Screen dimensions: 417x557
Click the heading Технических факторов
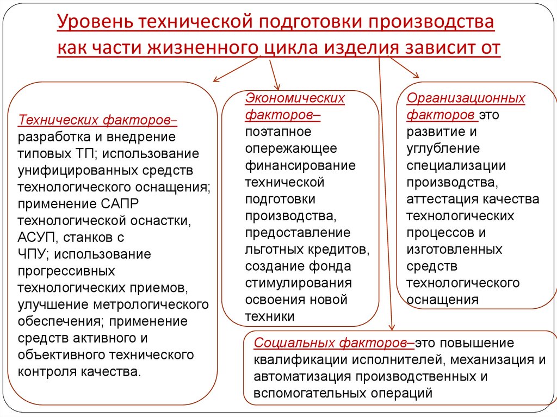click(x=98, y=119)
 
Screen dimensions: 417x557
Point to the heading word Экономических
click(x=295, y=98)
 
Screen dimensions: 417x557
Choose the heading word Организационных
click(x=466, y=98)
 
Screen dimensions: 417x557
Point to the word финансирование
click(x=300, y=165)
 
